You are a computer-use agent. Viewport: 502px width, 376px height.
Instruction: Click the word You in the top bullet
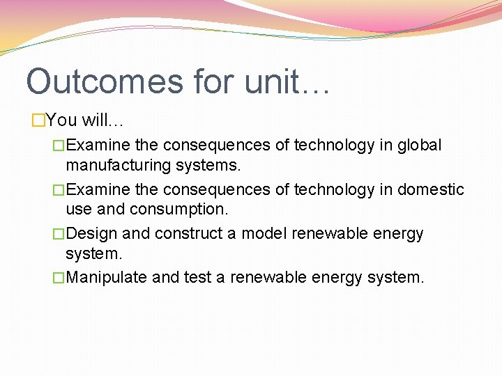coord(62,120)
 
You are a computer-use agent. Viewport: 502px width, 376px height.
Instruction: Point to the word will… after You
coord(102,120)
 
